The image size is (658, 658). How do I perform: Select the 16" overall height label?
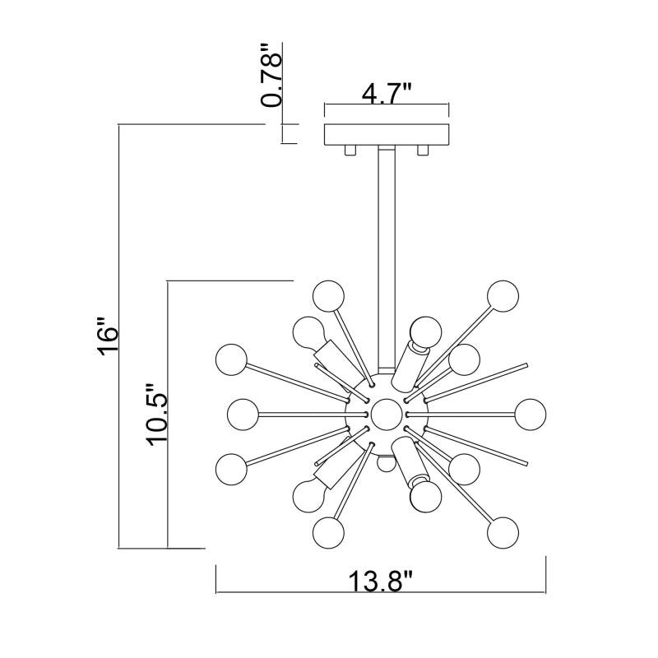(107, 336)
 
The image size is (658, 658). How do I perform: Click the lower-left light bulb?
(307, 494)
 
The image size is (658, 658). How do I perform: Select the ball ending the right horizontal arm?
(528, 412)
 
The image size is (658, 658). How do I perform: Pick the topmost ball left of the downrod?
(327, 294)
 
